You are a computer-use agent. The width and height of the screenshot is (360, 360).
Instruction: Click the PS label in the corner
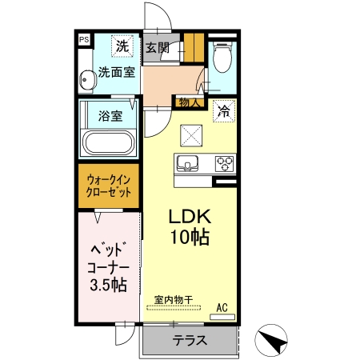click(x=83, y=38)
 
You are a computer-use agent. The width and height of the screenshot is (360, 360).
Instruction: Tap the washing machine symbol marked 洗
click(x=122, y=46)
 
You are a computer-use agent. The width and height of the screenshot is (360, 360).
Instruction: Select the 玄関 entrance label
click(x=156, y=48)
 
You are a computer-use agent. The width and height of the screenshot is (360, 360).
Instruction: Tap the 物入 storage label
click(x=189, y=102)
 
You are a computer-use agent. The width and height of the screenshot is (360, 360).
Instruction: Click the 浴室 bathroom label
click(x=110, y=115)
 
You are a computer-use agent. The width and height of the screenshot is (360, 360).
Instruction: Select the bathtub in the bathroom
click(x=108, y=145)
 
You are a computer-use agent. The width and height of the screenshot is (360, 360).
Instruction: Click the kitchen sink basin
click(x=188, y=165)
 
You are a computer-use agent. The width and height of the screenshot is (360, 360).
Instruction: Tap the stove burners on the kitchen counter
click(x=222, y=165)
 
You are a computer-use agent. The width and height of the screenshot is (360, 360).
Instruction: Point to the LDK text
click(x=188, y=216)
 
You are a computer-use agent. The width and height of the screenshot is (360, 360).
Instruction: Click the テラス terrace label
click(x=190, y=339)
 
